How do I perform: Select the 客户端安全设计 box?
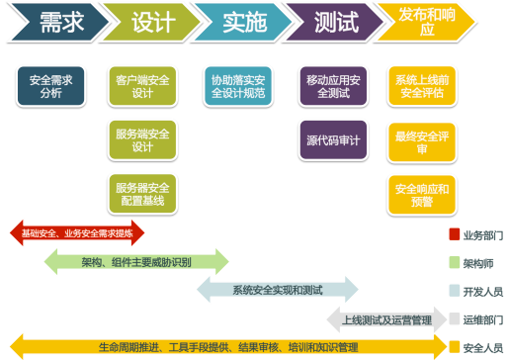click(x=143, y=86)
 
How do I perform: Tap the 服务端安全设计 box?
click(x=143, y=139)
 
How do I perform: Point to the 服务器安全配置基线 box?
click(x=143, y=194)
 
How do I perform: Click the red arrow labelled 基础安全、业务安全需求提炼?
click(x=77, y=233)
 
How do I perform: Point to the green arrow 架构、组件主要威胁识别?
click(x=136, y=262)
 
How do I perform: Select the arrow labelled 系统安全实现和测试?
click(x=278, y=290)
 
